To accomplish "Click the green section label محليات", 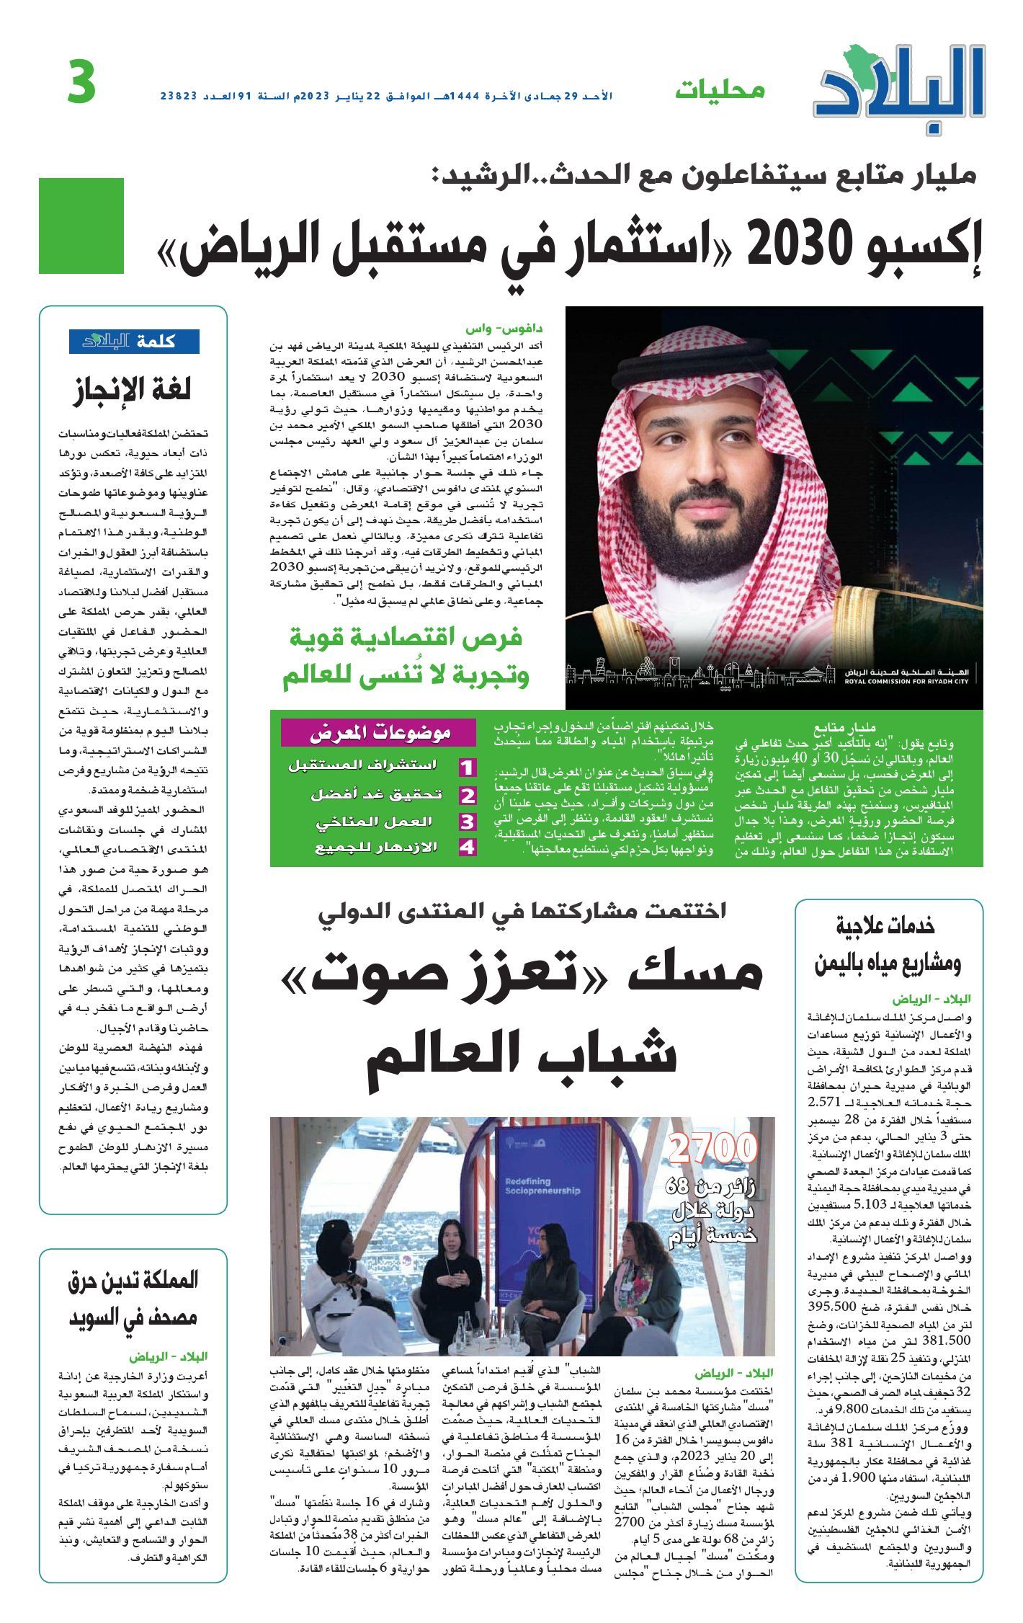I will coord(720,91).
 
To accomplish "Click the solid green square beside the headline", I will coord(81,226).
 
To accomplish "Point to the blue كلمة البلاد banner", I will coord(134,342).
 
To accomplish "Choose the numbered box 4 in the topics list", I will coord(468,847).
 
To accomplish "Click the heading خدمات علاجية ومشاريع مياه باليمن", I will coord(888,945).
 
